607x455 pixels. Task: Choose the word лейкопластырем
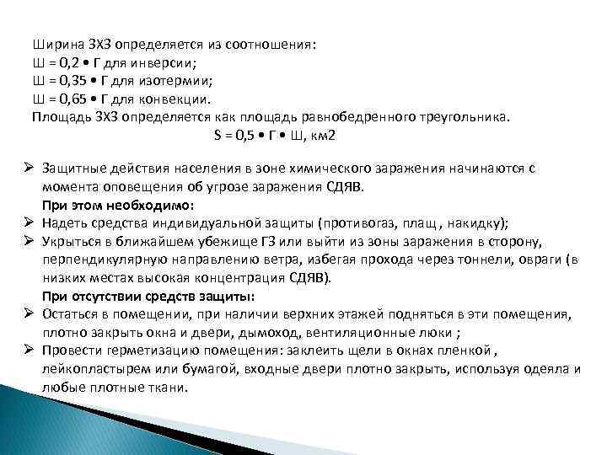click(90, 369)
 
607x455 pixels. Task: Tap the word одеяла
click(543, 369)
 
